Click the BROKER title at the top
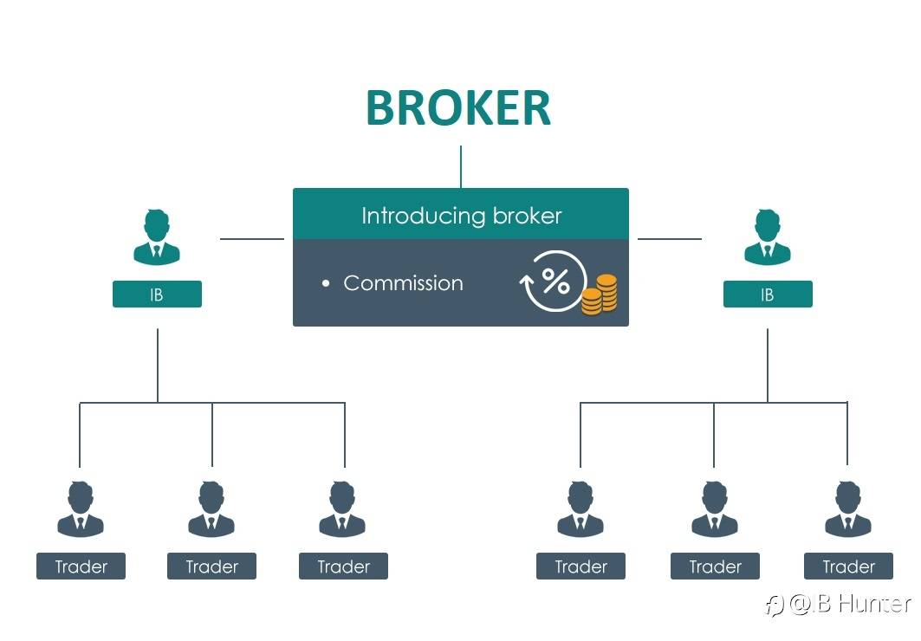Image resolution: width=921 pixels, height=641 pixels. click(x=458, y=108)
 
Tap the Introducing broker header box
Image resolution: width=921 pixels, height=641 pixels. click(x=460, y=215)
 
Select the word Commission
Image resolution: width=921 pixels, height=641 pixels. click(x=403, y=283)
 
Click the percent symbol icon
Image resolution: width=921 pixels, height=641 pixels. click(x=555, y=280)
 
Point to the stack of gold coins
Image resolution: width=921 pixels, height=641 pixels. click(x=599, y=295)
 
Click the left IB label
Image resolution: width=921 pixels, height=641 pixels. click(x=157, y=295)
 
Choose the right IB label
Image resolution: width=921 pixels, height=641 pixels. click(x=768, y=295)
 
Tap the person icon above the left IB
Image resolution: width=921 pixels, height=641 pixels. click(x=157, y=237)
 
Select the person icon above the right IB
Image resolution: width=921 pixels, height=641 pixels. click(x=768, y=237)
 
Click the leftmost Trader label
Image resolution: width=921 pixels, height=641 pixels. click(x=81, y=567)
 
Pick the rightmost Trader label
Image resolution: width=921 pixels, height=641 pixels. click(x=848, y=567)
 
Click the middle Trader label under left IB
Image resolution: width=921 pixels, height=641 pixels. click(x=211, y=567)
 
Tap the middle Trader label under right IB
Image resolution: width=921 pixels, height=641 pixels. click(x=715, y=567)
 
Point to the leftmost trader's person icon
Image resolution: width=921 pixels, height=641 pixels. click(x=81, y=509)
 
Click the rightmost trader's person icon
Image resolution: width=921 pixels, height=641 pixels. click(x=848, y=509)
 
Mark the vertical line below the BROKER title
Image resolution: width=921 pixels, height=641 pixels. click(x=461, y=166)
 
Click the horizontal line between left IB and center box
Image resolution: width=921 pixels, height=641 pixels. click(x=251, y=238)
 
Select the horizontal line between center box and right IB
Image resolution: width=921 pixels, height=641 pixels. click(x=670, y=238)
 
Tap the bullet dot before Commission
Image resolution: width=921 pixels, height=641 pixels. click(x=326, y=283)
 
